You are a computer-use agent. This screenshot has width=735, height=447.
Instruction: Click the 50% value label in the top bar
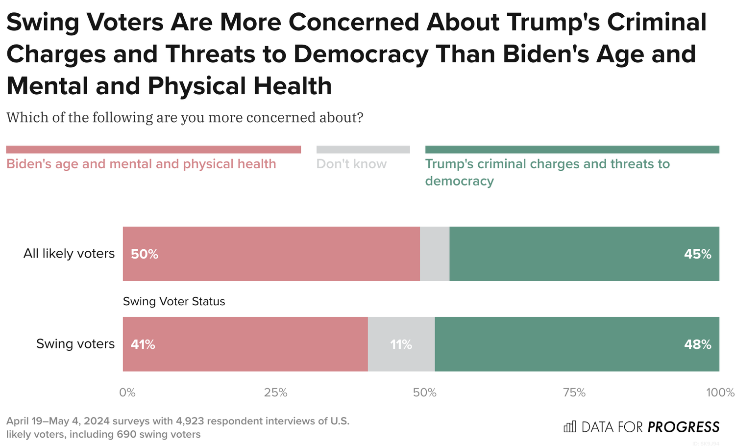point(145,254)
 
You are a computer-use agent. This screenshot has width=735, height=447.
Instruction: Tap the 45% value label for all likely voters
point(697,254)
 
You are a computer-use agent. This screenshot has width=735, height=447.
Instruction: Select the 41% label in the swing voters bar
point(143,344)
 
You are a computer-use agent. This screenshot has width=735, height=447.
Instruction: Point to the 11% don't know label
point(401,344)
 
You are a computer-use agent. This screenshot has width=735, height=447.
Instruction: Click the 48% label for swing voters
point(697,344)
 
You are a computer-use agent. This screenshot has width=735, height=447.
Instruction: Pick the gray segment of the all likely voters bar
point(435,254)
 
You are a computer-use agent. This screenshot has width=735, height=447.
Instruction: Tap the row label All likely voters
point(69,254)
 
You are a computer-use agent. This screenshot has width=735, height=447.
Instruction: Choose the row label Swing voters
point(75,344)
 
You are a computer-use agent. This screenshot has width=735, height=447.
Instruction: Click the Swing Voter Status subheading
point(174,301)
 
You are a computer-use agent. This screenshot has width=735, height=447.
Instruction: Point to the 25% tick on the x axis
point(275,393)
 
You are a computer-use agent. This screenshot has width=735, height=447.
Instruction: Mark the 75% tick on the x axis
point(574,393)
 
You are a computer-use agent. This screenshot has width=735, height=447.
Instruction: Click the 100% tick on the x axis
point(720,393)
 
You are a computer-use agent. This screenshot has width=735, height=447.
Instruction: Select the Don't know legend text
point(351,164)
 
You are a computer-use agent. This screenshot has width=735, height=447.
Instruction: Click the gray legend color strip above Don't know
point(363,150)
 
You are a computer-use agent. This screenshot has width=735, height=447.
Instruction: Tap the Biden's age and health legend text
point(141,164)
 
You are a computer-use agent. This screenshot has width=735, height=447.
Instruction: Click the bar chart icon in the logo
point(570,427)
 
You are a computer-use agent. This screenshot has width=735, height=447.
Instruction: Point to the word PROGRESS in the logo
point(683,427)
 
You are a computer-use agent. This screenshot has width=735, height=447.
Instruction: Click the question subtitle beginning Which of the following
point(185,118)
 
